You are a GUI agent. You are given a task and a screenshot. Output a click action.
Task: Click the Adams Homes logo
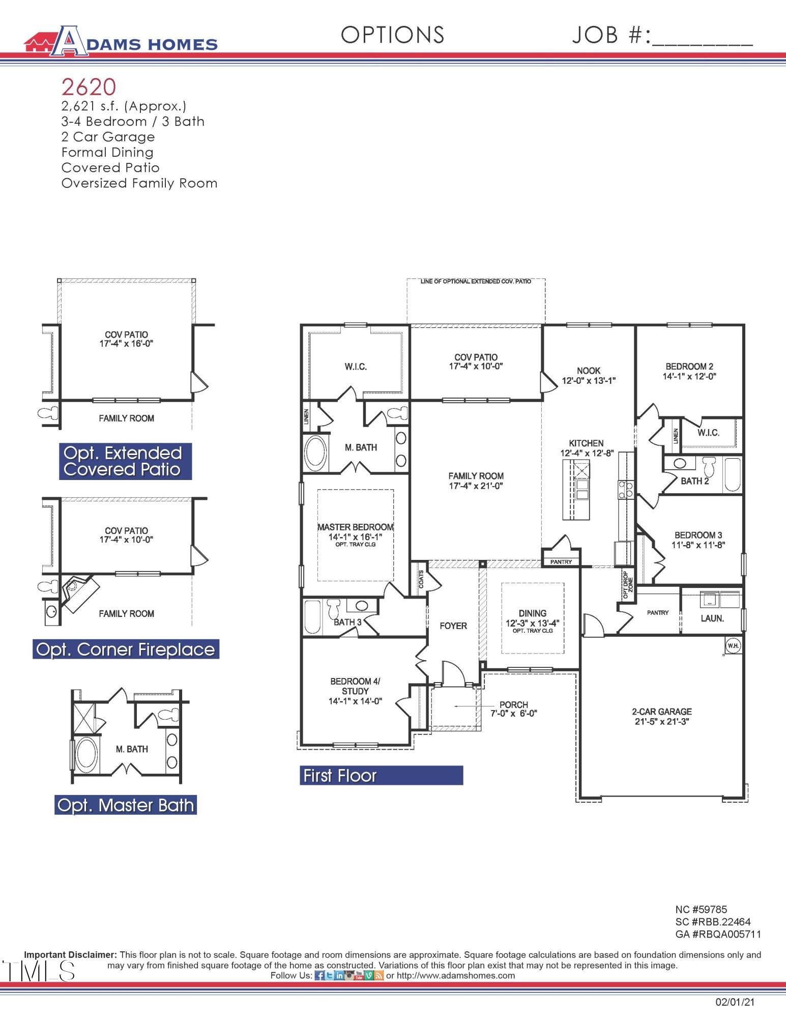point(121,41)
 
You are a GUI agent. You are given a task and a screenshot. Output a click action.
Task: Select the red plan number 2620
point(89,87)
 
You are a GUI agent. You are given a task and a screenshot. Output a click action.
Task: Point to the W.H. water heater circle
point(733,646)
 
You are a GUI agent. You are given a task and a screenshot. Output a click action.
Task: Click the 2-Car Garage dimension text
point(662,722)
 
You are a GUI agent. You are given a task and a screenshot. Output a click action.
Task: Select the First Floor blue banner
point(381,776)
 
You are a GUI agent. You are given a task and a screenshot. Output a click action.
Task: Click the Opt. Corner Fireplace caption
point(126,649)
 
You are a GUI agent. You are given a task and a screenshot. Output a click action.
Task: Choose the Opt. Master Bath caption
point(126,805)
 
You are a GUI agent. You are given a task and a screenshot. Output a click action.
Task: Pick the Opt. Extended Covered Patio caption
point(125,461)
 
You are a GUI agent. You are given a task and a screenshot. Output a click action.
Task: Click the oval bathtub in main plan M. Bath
point(316,453)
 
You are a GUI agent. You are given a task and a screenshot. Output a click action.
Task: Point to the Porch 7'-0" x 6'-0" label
point(513,709)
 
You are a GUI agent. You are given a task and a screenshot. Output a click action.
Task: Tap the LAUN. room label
point(712,618)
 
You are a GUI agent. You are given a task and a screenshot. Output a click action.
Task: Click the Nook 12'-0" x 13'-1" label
point(589,376)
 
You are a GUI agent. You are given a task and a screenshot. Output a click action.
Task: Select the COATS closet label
point(421,579)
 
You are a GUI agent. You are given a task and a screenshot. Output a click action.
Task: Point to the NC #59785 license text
point(701,909)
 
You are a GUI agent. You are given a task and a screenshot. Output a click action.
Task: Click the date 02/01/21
point(735,1002)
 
